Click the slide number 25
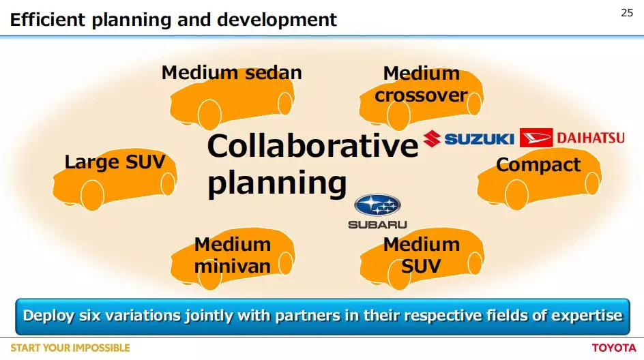click(627, 13)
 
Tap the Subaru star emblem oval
click(377, 205)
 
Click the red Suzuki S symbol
click(432, 138)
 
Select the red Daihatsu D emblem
click(536, 138)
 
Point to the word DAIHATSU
click(591, 138)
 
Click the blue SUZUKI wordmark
click(479, 138)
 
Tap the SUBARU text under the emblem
click(377, 224)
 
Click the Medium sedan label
click(232, 73)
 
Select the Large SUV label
click(115, 162)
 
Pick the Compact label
click(538, 165)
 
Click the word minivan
click(233, 266)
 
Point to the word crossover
click(421, 95)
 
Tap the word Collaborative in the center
click(312, 146)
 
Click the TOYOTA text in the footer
click(614, 348)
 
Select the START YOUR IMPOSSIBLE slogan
click(70, 348)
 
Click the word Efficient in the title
click(47, 19)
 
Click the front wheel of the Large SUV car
click(92, 196)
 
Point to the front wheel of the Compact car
click(516, 194)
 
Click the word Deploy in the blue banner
click(48, 316)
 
